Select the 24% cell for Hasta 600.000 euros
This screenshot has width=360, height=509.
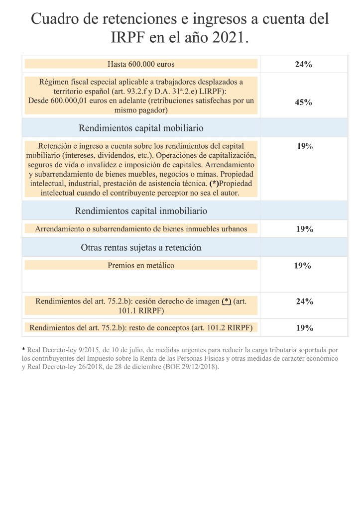(x=303, y=64)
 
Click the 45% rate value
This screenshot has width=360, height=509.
(x=303, y=102)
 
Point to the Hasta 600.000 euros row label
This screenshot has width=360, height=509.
(x=141, y=64)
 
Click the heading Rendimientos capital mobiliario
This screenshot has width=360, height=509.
(x=141, y=128)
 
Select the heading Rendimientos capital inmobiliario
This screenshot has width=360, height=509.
(x=141, y=211)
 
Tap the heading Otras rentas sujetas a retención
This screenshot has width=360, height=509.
(x=141, y=247)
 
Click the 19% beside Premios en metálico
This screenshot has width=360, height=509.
(x=302, y=266)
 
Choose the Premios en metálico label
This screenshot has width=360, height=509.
(x=141, y=265)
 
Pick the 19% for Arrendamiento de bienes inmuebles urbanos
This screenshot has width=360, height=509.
(x=304, y=229)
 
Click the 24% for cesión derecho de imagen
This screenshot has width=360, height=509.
(x=304, y=302)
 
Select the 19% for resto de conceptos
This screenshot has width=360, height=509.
(x=304, y=328)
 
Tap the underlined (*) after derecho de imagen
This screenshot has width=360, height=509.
(x=227, y=302)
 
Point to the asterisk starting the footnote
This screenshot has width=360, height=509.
(x=23, y=350)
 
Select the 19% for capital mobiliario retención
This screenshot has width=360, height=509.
(x=304, y=146)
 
